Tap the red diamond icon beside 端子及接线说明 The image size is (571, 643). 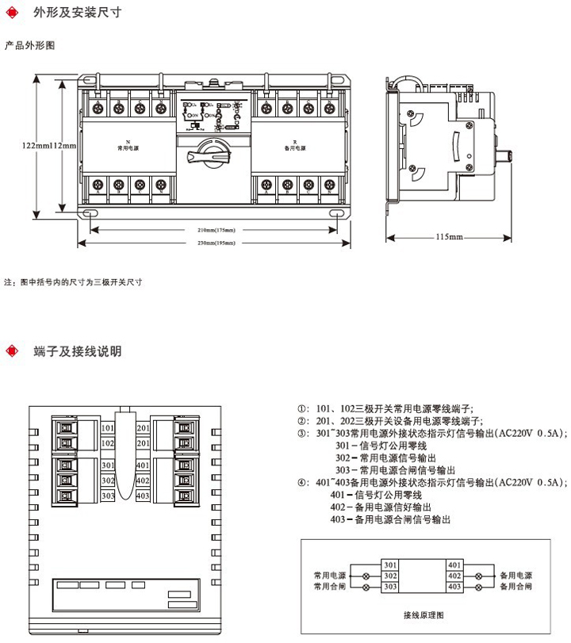point(11,350)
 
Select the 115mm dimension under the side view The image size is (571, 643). point(450,237)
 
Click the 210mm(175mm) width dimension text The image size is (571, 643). point(216,230)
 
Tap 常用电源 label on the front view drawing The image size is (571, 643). point(128,147)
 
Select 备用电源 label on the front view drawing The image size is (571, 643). point(295,147)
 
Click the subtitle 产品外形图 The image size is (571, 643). point(30,45)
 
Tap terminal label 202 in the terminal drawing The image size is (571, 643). point(143,443)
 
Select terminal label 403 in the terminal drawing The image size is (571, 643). point(143,496)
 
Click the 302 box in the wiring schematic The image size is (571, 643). point(389,576)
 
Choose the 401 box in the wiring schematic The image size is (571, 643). point(454,565)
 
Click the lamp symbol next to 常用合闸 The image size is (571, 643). point(366,587)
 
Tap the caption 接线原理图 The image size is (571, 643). point(423,614)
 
